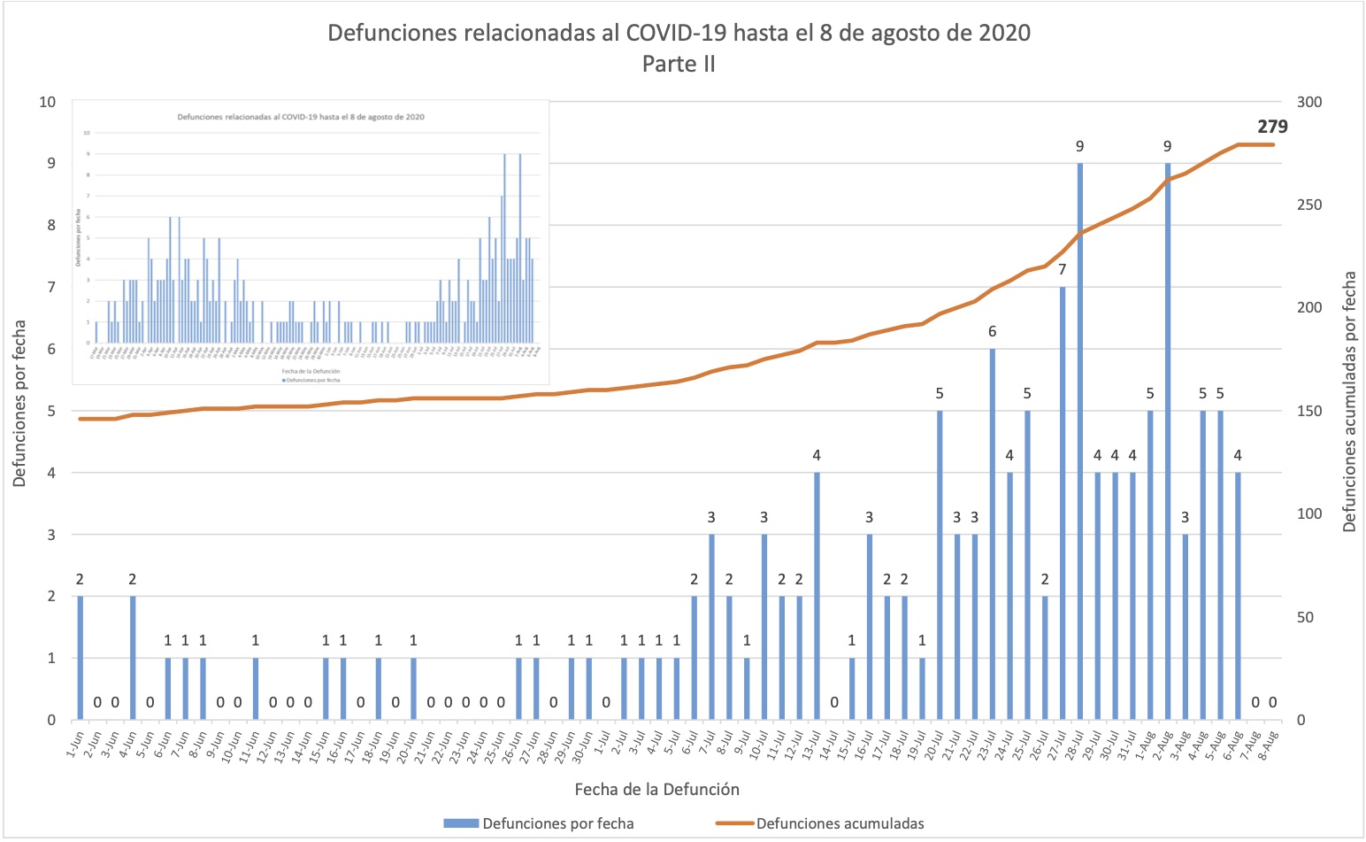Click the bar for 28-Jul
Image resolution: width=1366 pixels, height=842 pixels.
(1079, 443)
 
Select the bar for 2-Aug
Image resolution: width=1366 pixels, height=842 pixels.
(1168, 443)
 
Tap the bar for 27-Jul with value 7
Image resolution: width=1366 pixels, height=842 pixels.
(1063, 505)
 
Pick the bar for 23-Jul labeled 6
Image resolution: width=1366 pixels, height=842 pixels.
(993, 536)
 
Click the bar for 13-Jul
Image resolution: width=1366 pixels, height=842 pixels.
(817, 598)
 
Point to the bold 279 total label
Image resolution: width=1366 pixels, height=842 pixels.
(1272, 127)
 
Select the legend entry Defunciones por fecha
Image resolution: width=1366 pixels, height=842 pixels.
(557, 823)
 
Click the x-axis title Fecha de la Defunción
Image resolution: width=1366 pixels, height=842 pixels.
(656, 789)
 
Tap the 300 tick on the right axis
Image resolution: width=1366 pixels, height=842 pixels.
(1309, 102)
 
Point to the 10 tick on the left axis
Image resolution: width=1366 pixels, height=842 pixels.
(47, 102)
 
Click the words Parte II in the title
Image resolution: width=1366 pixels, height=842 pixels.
(679, 64)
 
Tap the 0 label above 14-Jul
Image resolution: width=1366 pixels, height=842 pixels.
(834, 703)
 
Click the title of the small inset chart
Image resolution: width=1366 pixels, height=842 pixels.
(301, 117)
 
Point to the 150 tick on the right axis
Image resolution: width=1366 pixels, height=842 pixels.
(1309, 411)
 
